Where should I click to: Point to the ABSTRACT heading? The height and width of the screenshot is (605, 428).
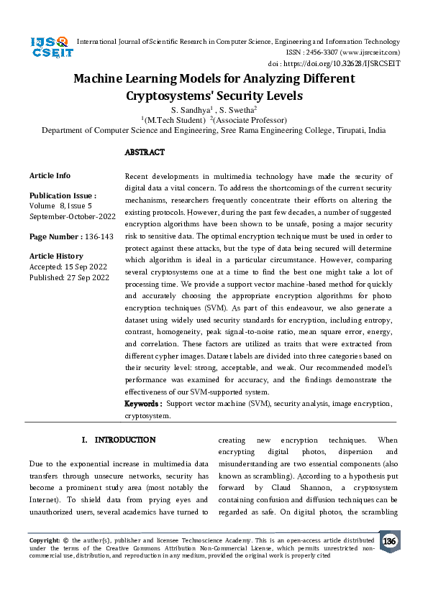pos(145,152)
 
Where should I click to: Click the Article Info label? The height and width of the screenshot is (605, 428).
pos(50,175)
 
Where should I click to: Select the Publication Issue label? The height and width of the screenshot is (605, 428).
pos(61,195)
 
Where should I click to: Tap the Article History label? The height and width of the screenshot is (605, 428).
pos(56,257)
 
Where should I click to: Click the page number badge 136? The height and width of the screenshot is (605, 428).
pos(389,541)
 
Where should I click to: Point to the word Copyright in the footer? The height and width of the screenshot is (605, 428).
pos(44,540)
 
